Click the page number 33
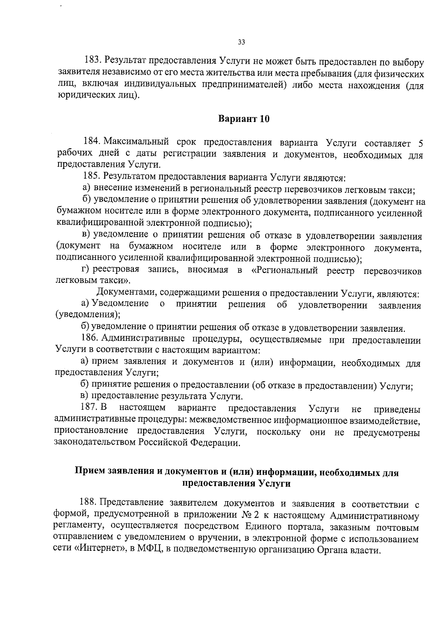click(241, 42)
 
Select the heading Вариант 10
click(244, 119)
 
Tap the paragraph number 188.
click(88, 503)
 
